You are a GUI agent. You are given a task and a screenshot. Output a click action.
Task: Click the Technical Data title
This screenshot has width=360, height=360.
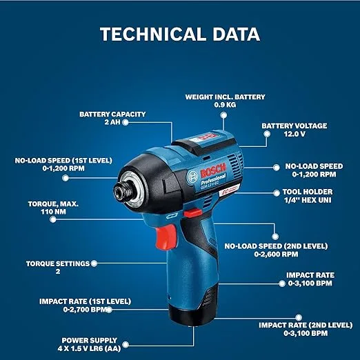(180, 34)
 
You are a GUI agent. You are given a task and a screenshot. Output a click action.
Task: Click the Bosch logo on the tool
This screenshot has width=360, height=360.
(213, 170)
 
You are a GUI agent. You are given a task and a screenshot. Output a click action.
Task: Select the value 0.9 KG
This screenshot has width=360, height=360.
(225, 105)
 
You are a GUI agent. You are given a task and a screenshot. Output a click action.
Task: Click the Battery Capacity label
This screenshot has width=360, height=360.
(112, 114)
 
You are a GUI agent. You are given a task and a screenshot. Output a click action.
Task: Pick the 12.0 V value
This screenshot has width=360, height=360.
(294, 134)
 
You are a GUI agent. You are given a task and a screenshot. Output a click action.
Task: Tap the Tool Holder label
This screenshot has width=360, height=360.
(308, 192)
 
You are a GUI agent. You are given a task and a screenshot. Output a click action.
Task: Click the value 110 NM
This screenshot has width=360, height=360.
(53, 212)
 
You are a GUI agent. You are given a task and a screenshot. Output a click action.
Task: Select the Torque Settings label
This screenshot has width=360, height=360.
(58, 263)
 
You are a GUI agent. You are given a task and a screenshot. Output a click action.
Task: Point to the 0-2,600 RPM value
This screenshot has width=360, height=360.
(276, 254)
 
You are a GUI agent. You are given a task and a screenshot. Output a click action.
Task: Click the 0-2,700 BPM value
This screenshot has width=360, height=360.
(85, 310)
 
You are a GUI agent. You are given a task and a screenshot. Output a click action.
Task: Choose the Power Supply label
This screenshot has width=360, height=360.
(90, 340)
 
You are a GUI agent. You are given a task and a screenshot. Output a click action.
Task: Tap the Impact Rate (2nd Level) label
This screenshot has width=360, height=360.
(306, 325)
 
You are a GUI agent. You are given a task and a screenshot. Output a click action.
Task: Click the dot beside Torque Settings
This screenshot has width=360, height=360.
(94, 263)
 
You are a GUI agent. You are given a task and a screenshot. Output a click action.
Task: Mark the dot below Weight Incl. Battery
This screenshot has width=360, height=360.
(223, 115)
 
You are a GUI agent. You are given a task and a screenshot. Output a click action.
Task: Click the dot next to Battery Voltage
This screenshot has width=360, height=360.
(267, 134)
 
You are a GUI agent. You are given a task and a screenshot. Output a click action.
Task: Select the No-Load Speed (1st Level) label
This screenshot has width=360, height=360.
(63, 160)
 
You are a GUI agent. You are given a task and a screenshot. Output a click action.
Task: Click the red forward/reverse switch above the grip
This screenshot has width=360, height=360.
(192, 213)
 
